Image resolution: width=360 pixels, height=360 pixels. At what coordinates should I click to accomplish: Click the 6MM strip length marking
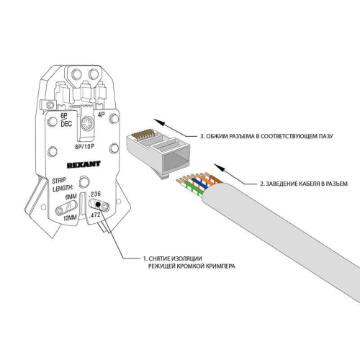click(71, 197)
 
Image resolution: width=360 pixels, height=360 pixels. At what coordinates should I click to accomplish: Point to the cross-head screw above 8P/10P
click(86, 124)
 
